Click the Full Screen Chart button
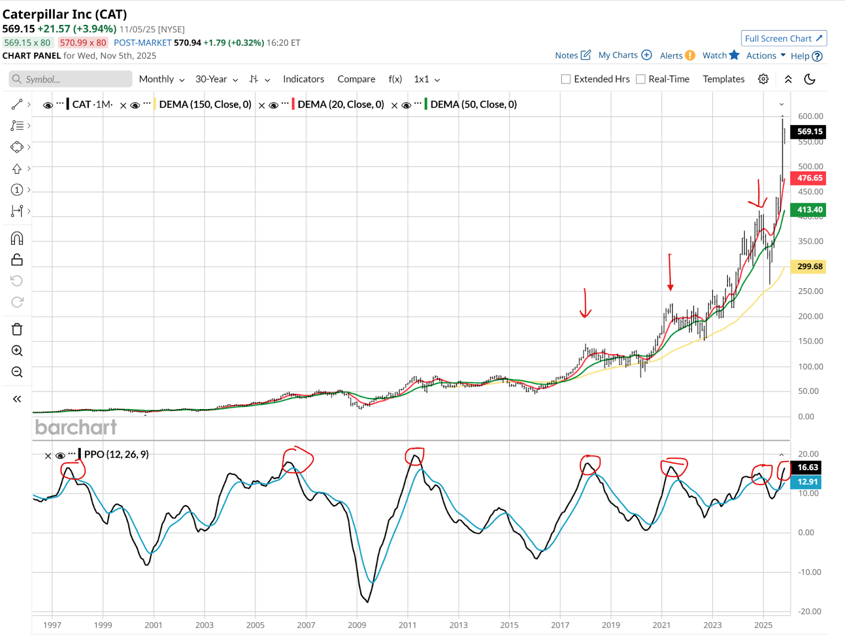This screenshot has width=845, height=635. [x=783, y=39]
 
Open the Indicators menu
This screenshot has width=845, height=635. [x=303, y=79]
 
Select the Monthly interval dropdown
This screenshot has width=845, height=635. [x=162, y=79]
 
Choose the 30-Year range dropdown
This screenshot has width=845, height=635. [x=217, y=79]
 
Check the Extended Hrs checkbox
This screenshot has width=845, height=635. [x=566, y=79]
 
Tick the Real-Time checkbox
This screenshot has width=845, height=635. [x=641, y=79]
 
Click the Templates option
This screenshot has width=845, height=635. [x=724, y=79]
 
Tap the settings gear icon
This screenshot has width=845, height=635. [x=763, y=79]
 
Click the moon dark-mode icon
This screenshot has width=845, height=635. [x=810, y=79]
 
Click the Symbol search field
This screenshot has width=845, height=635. [x=71, y=79]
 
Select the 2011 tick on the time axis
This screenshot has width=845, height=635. [x=407, y=625]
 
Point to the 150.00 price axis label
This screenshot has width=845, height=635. [x=810, y=341]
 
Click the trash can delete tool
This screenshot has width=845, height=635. [x=17, y=329]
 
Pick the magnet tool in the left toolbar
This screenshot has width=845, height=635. [x=17, y=239]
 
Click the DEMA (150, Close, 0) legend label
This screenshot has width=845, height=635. [x=205, y=105]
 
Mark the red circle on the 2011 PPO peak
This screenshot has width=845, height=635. [x=415, y=456]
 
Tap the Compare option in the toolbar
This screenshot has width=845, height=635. [x=356, y=79]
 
